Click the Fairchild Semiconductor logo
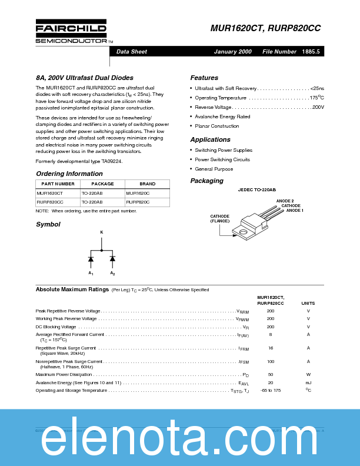coord(71,32)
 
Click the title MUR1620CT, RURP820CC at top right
coord(265,28)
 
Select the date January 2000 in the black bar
coord(232,52)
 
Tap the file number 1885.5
coord(311,52)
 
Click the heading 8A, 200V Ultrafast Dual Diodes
coord(85,78)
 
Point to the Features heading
coord(204,78)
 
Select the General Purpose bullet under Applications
coord(214,169)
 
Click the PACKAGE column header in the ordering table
coord(102,184)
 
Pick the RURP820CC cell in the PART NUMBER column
coord(50,202)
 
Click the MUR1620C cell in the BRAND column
coord(138,192)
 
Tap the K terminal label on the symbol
coord(101,233)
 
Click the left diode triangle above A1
coord(91,259)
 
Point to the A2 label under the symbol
coord(112,274)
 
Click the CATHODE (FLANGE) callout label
coord(220,218)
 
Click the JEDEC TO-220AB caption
coord(256,191)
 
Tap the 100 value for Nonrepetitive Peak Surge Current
coord(271,361)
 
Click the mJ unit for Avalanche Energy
coord(308,382)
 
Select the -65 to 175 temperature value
coord(271,390)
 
